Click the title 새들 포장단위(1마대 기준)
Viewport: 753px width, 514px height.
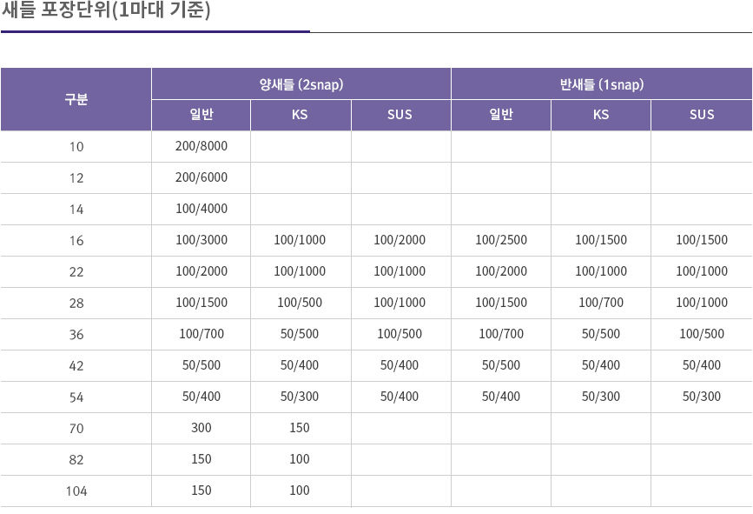[106, 12]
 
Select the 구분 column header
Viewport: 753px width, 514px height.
[76, 99]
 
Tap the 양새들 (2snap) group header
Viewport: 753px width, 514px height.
[301, 84]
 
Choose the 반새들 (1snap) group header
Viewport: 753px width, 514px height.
[601, 84]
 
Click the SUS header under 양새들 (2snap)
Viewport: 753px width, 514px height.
[400, 115]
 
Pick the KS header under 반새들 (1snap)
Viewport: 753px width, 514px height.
[601, 115]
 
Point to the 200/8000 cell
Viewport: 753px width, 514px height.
[201, 146]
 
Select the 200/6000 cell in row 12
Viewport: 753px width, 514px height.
[201, 177]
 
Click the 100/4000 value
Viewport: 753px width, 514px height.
[201, 209]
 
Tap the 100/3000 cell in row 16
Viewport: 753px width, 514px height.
[201, 240]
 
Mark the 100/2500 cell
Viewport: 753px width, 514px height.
[500, 240]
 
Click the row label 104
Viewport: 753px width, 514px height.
[76, 491]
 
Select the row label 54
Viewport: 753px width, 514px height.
[76, 397]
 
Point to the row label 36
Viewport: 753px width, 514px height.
[76, 334]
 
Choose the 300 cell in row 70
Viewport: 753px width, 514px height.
[201, 428]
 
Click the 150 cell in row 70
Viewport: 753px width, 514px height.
[300, 428]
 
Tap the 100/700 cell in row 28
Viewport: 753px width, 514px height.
[601, 303]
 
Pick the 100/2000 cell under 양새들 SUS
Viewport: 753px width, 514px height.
[400, 240]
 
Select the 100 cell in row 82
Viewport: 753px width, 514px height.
[300, 459]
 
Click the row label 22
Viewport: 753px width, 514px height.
[76, 271]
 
